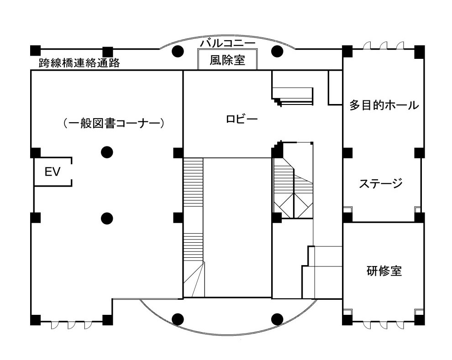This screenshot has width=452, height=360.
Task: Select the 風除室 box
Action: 227,60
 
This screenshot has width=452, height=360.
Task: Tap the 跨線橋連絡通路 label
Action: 79,63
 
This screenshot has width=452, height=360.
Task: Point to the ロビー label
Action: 242,120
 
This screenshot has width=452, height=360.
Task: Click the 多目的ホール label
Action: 384,105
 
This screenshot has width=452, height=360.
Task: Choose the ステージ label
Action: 380,183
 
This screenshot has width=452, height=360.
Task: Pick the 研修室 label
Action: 384,270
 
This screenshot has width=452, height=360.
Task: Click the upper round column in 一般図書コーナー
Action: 107,152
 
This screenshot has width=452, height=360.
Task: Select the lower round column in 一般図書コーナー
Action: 107,218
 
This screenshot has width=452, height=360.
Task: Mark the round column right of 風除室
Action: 277,51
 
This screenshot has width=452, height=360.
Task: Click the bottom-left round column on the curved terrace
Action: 178,319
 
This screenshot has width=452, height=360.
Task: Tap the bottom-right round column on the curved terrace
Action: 277,319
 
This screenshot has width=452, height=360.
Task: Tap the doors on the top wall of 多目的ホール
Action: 384,46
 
